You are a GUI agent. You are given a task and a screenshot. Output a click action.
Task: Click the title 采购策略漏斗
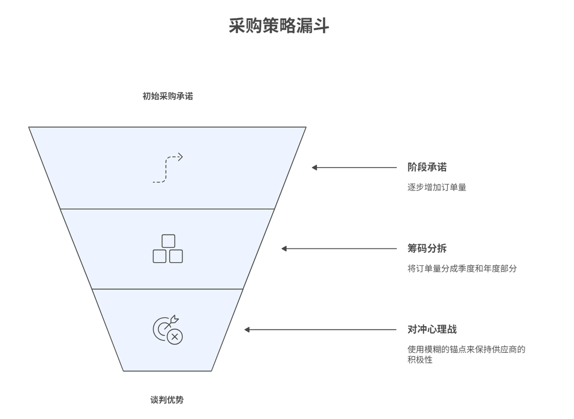point(279,26)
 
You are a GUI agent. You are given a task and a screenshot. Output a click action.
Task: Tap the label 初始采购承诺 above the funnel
point(168,96)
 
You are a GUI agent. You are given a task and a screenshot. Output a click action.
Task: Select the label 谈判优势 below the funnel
point(167,400)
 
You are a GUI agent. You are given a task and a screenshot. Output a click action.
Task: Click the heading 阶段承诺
point(427,167)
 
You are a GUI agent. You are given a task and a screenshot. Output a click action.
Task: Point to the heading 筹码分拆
point(427,249)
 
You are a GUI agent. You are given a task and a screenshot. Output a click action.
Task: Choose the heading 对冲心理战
point(432,329)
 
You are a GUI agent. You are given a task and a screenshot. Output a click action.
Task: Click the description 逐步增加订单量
point(437,187)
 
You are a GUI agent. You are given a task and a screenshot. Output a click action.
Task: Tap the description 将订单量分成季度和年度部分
point(462,269)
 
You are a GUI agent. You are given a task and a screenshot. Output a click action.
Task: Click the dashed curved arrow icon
point(167,168)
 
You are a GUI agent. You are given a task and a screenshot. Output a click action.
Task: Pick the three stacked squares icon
point(168,249)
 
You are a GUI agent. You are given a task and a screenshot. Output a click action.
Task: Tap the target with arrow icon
point(167,329)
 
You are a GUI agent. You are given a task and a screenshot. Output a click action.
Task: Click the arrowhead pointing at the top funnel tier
point(315,168)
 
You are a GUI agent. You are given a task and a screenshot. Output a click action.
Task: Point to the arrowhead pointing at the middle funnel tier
point(285,249)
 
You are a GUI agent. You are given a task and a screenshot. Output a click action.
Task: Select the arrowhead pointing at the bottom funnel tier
point(248,329)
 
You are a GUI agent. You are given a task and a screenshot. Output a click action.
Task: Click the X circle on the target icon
point(175,337)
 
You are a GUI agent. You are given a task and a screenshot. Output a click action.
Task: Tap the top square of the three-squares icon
point(168,241)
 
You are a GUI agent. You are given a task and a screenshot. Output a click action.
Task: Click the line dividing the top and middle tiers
point(167,209)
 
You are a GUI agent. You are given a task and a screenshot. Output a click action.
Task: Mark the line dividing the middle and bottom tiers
point(167,289)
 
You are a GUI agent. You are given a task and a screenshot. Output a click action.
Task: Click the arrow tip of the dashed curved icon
point(181,157)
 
